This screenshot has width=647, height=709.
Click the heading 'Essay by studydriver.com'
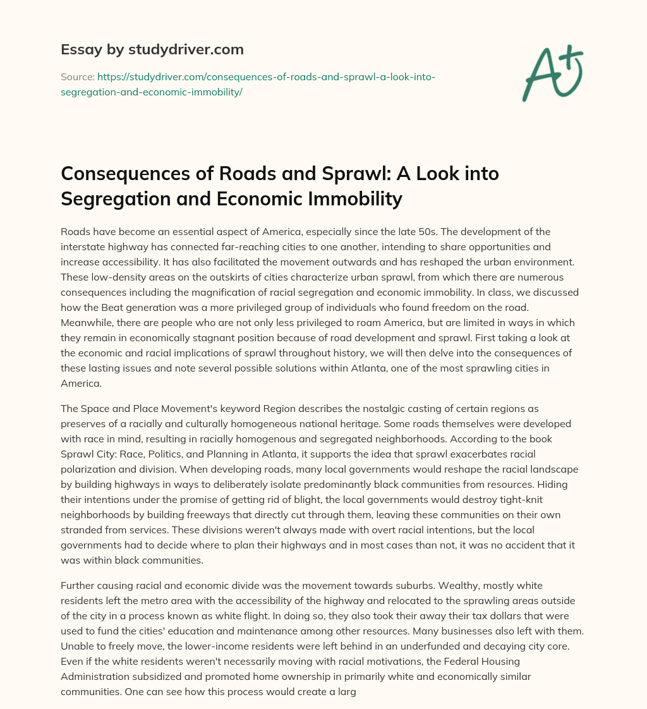[152, 49]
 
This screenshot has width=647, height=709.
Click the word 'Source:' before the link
[77, 76]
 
